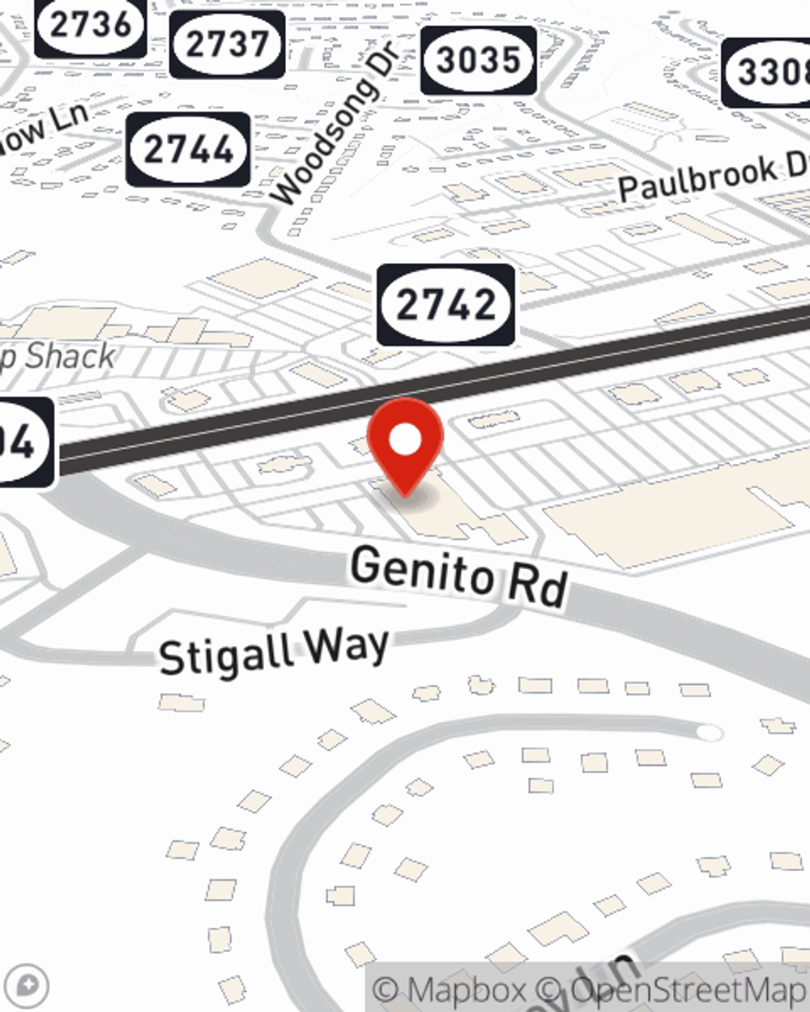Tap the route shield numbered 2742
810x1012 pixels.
[446, 304]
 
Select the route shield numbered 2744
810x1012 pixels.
[188, 150]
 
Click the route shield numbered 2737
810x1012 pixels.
[227, 44]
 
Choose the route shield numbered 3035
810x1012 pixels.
[479, 60]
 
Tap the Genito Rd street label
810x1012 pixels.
[458, 576]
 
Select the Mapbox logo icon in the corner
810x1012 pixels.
[27, 986]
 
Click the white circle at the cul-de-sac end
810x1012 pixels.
[710, 733]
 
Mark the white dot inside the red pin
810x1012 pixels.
[405, 440]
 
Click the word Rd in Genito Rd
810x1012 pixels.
[538, 585]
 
